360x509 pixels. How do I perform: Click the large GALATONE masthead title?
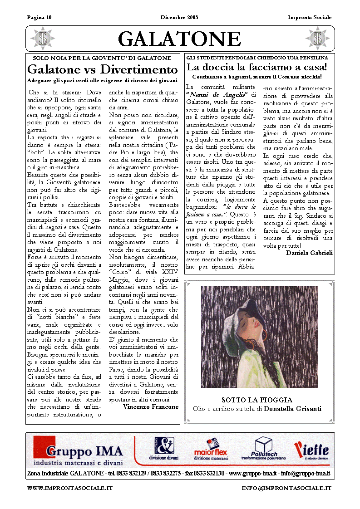point(180,39)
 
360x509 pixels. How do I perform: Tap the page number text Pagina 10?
point(39,17)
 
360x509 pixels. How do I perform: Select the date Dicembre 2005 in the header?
point(179,17)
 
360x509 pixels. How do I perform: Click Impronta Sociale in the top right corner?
point(310,17)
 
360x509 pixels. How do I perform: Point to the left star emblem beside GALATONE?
point(43,39)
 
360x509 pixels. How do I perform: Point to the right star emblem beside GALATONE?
point(317,39)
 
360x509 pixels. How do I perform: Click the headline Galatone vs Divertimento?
point(103,70)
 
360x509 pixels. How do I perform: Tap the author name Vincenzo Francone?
point(151,407)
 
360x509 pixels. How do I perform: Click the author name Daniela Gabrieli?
point(309,253)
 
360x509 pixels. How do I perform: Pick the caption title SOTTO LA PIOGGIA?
point(256,400)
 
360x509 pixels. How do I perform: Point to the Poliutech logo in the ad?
point(262,449)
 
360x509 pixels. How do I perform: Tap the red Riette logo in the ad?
point(311,450)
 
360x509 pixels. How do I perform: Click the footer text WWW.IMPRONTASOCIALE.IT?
point(70,488)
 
